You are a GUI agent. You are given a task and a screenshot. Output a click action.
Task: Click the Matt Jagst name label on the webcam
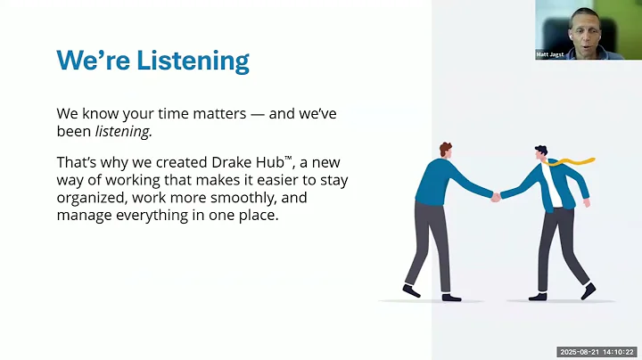coord(550,53)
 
